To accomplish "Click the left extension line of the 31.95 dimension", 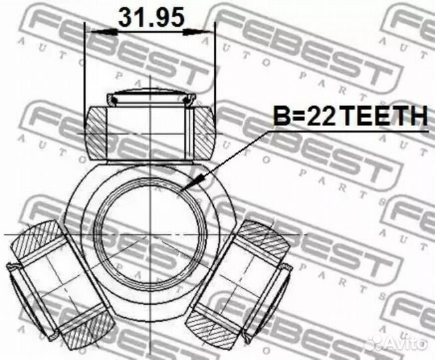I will tap(85, 67).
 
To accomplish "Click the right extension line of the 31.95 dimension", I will tap(215, 67).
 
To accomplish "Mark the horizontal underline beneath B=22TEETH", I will tap(346, 131).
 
